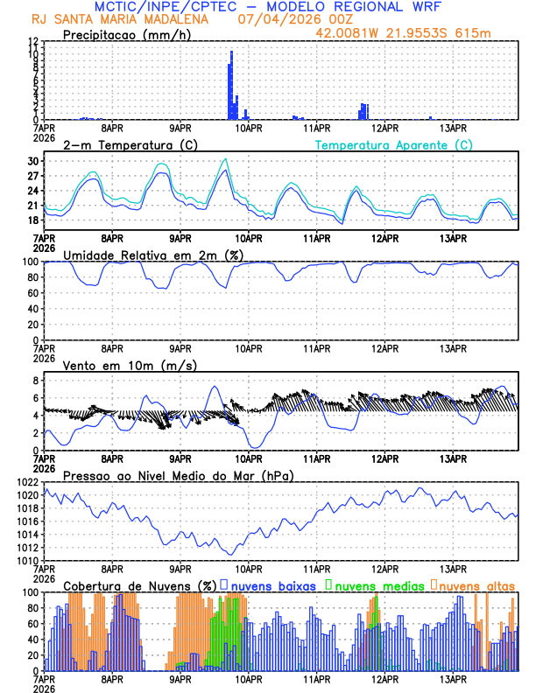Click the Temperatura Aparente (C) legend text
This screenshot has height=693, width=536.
pyautogui.click(x=394, y=144)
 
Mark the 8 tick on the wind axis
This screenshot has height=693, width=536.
pyautogui.click(x=35, y=381)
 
